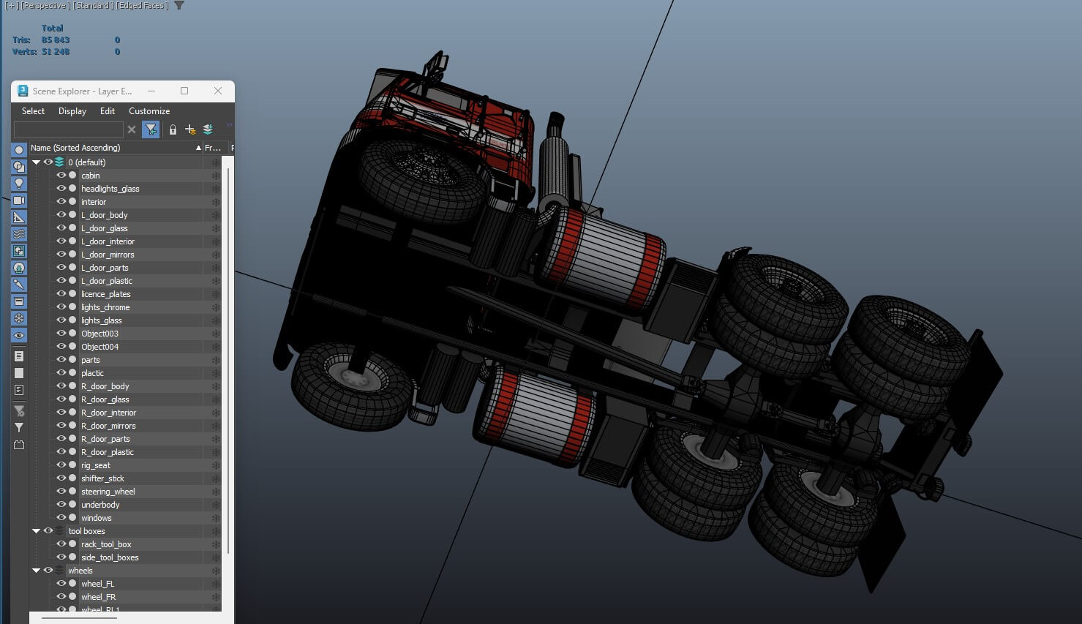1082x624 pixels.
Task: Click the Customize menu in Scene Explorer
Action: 149,111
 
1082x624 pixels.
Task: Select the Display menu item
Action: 72,111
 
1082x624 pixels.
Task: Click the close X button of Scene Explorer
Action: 217,91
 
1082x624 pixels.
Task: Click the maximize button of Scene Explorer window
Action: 184,91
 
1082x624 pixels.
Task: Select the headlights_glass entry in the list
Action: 110,189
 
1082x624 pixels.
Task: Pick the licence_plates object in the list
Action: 105,294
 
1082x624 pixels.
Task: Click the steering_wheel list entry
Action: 108,492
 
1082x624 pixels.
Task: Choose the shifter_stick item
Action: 102,478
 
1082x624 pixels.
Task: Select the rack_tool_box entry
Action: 106,544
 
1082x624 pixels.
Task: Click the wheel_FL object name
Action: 97,584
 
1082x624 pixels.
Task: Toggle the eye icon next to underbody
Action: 61,505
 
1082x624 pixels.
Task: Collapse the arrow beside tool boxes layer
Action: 36,531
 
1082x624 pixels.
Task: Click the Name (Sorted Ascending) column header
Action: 75,148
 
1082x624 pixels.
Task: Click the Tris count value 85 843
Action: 56,40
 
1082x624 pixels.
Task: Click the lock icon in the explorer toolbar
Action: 173,129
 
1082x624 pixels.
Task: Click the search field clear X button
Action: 132,129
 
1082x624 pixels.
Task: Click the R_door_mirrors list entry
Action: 108,426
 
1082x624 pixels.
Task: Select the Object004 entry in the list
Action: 99,347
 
